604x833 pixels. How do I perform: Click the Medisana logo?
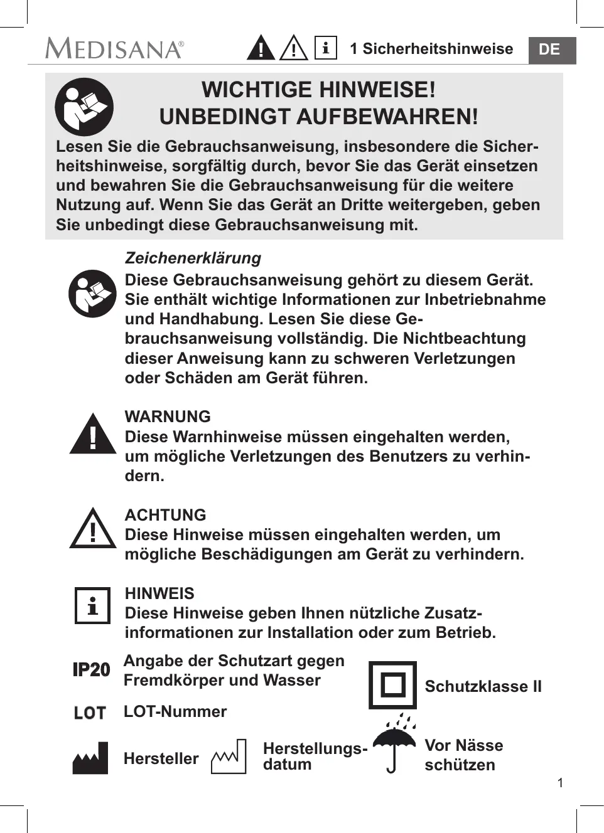point(114,48)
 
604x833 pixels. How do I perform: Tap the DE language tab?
point(549,50)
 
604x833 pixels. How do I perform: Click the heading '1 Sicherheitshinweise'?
point(431,49)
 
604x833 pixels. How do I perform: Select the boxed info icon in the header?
point(325,48)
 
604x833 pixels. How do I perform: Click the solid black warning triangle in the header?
point(261,48)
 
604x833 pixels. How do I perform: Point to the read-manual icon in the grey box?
point(84,107)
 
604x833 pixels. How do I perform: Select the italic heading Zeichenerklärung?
point(193,258)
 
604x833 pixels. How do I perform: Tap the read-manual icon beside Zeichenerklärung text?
point(92,294)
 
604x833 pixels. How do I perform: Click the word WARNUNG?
point(168,416)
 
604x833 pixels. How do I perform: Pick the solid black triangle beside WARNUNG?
point(93,435)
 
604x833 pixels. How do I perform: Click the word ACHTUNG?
point(165,515)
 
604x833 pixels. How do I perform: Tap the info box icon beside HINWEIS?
point(92,605)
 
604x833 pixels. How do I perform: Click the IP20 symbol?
point(91,670)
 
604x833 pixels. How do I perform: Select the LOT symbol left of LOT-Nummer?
point(90,713)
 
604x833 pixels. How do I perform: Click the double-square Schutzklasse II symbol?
point(392,684)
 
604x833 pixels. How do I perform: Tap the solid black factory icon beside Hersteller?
point(90,758)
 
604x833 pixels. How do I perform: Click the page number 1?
point(560,782)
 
